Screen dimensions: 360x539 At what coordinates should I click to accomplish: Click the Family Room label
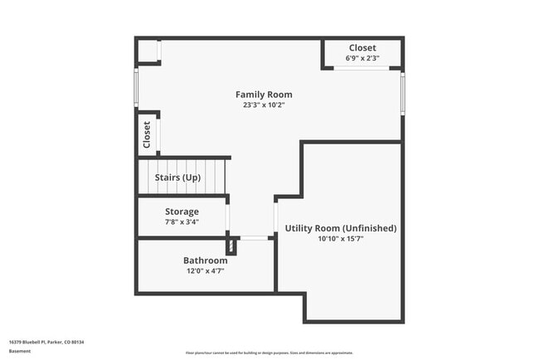tap(264, 95)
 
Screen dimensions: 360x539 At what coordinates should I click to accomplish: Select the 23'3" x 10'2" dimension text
tap(264, 105)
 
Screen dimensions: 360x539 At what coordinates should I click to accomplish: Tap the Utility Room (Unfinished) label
tap(341, 228)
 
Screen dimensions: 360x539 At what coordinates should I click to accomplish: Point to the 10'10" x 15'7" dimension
tap(341, 239)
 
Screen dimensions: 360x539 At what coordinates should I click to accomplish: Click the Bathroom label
tap(205, 260)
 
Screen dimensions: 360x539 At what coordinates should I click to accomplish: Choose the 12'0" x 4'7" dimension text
tap(205, 270)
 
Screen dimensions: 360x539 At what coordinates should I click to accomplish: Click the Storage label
tap(182, 212)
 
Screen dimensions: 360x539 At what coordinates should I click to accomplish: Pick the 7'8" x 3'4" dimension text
tap(182, 221)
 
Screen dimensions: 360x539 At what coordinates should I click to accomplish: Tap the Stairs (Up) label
tap(177, 178)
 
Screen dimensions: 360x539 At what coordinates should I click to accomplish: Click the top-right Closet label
tap(362, 48)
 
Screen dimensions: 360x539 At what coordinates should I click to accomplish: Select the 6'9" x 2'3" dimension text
tap(362, 58)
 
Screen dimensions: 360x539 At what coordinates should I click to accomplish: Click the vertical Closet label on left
tap(147, 135)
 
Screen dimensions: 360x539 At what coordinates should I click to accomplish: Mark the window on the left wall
tap(137, 87)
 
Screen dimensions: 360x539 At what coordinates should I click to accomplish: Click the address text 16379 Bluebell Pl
tap(46, 342)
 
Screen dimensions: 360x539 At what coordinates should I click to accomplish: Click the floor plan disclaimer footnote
tap(269, 353)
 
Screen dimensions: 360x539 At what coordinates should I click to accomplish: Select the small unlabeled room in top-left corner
tap(148, 51)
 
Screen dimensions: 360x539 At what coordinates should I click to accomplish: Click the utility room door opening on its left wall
tap(275, 218)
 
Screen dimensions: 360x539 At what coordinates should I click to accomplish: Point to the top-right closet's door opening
tap(362, 69)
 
